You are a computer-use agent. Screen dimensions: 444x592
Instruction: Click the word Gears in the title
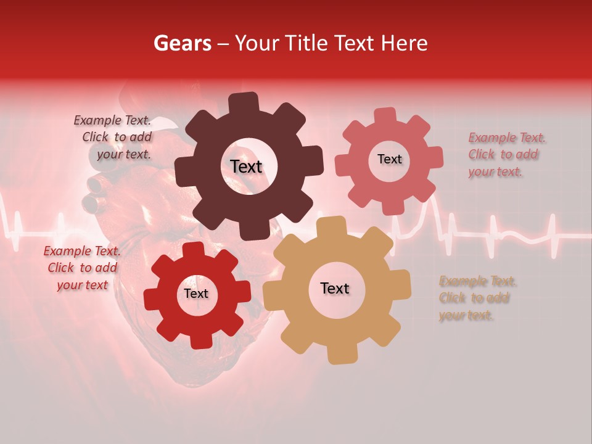tap(182, 43)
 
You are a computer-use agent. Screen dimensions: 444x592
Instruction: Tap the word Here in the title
tap(405, 43)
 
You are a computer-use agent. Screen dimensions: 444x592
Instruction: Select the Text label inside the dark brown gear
tap(247, 166)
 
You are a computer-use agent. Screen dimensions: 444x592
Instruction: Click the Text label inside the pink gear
tap(389, 159)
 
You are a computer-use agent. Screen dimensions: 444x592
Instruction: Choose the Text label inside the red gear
tap(196, 294)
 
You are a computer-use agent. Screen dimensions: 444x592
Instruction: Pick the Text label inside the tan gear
tap(335, 289)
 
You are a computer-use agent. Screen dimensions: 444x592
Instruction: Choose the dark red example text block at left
tap(83, 268)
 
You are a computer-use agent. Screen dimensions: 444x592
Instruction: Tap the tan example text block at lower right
tap(477, 298)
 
